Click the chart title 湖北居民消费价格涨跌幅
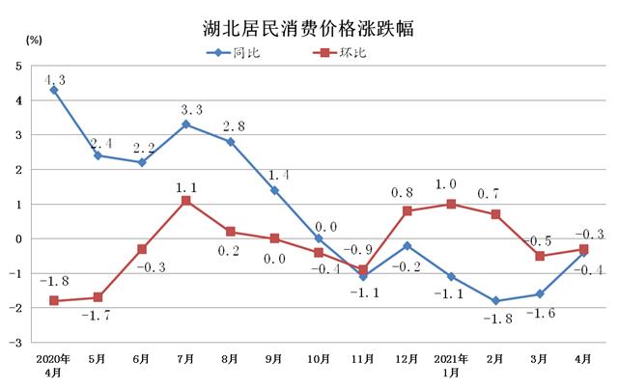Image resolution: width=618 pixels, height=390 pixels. pyautogui.click(x=309, y=26)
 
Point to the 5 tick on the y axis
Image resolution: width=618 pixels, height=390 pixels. pyautogui.click(x=17, y=66)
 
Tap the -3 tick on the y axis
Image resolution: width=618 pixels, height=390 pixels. pyautogui.click(x=15, y=342)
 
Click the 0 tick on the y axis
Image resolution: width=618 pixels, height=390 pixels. pyautogui.click(x=17, y=238)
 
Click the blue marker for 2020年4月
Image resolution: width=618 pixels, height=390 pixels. pyautogui.click(x=53, y=90)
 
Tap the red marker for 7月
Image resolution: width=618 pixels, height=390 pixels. pyautogui.click(x=185, y=201)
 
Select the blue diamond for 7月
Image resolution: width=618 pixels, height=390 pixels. pyautogui.click(x=185, y=125)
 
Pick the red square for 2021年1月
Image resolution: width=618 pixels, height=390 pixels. pyautogui.click(x=452, y=204)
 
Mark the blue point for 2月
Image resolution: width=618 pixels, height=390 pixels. pyautogui.click(x=496, y=300)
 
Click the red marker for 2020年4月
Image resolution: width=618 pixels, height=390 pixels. pyautogui.click(x=53, y=300)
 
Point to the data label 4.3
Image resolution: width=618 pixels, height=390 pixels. pyautogui.click(x=56, y=81)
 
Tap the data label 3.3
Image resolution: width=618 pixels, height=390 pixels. pyautogui.click(x=189, y=109)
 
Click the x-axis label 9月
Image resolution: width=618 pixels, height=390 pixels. pyautogui.click(x=274, y=359)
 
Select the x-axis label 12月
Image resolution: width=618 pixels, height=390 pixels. pyautogui.click(x=407, y=359)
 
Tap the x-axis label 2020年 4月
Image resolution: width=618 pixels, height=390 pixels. pyautogui.click(x=53, y=365)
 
